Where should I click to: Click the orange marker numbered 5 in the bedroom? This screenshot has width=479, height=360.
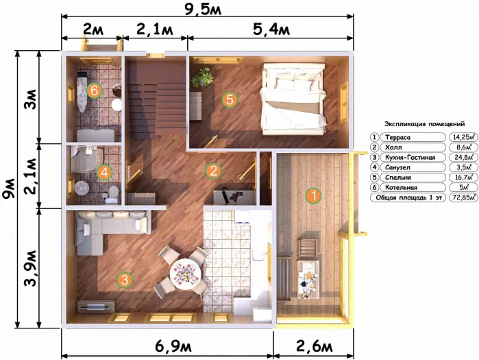coord(230,99)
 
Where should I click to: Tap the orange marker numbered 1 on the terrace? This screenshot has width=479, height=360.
coord(313,195)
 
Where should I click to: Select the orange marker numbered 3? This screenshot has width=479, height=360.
coord(124,280)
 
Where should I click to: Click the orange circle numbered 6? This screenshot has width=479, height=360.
coord(94,91)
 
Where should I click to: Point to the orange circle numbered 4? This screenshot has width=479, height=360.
coord(104,172)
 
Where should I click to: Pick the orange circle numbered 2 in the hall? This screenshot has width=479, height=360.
coord(213,171)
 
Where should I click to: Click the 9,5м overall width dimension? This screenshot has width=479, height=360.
coord(203,9)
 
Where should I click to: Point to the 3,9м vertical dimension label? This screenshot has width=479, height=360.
coord(31,268)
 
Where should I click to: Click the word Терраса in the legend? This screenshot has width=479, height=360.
coord(397,138)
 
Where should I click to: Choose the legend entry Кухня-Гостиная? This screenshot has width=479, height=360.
coord(410,158)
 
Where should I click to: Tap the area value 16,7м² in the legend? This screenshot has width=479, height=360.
coord(463,178)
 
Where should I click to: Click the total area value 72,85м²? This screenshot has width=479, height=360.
coord(463,197)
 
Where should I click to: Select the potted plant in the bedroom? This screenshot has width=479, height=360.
coord(202,77)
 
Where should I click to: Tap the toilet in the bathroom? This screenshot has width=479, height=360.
coord(112,194)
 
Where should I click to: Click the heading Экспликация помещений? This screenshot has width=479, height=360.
coord(425,124)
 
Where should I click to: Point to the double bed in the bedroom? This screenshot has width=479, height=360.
coord(293,99)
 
